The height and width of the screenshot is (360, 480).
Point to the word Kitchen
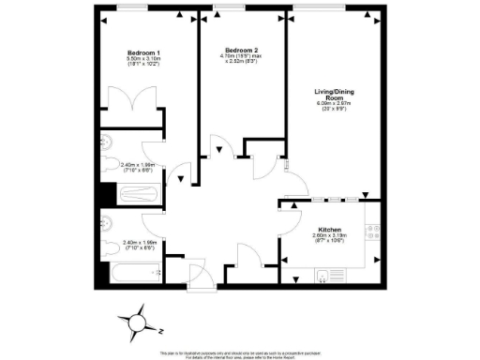329,230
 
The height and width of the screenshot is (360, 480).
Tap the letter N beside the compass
161,331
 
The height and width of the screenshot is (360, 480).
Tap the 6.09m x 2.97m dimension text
333,106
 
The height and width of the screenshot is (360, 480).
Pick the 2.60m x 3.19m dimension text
329,239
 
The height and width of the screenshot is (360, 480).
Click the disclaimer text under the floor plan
240,355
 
